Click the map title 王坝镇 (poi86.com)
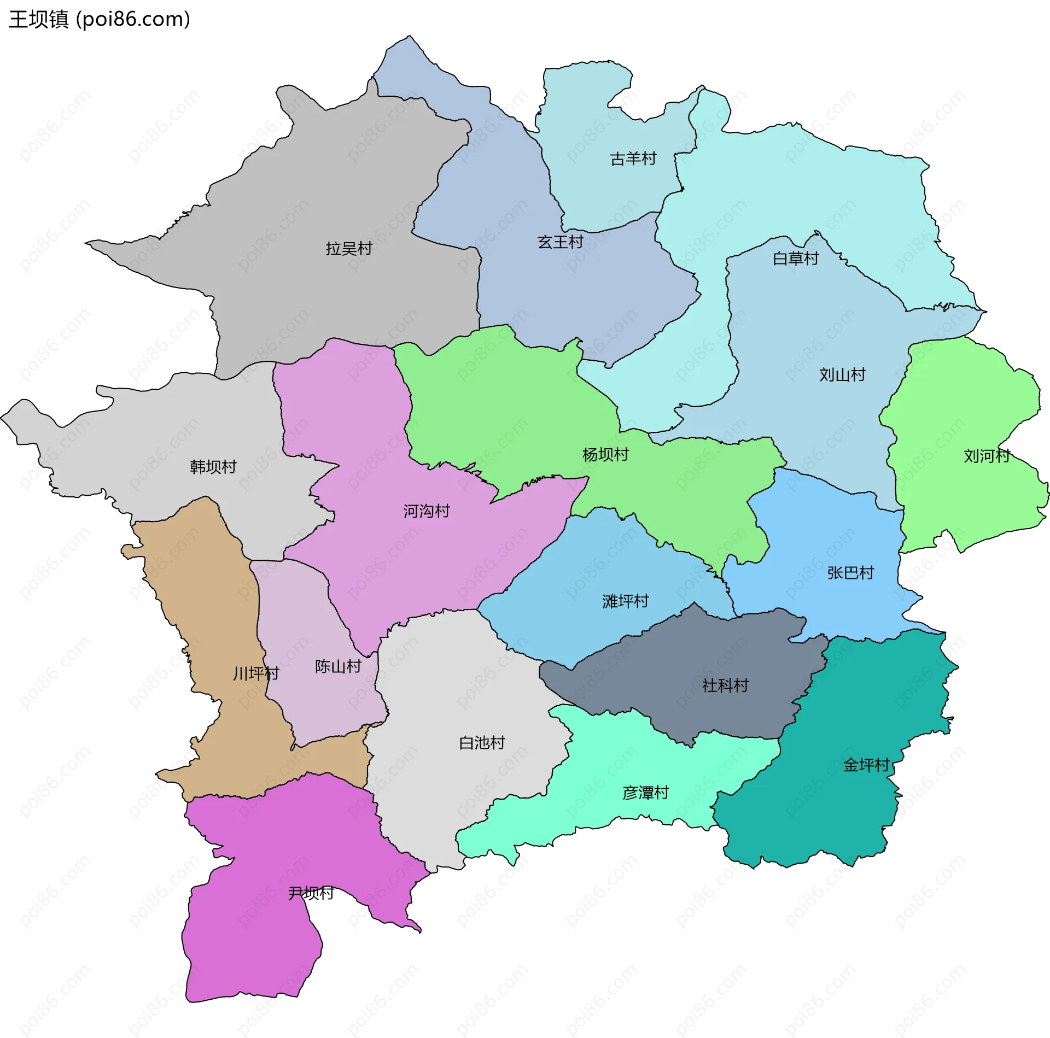(x=100, y=20)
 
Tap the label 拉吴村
(x=349, y=249)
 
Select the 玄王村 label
(x=561, y=242)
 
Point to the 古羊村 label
(x=633, y=159)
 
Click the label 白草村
(x=796, y=259)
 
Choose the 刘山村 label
(x=842, y=375)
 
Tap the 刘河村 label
(x=987, y=456)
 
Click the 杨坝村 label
(x=605, y=455)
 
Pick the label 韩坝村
(x=213, y=467)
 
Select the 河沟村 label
(x=427, y=511)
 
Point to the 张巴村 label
(x=850, y=573)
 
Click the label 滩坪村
(x=625, y=601)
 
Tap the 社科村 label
(x=725, y=685)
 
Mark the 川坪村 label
(x=256, y=673)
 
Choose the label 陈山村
(x=338, y=666)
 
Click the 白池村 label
(x=482, y=743)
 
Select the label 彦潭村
(x=646, y=793)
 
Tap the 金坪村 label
(x=866, y=765)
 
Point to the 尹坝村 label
(x=311, y=893)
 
